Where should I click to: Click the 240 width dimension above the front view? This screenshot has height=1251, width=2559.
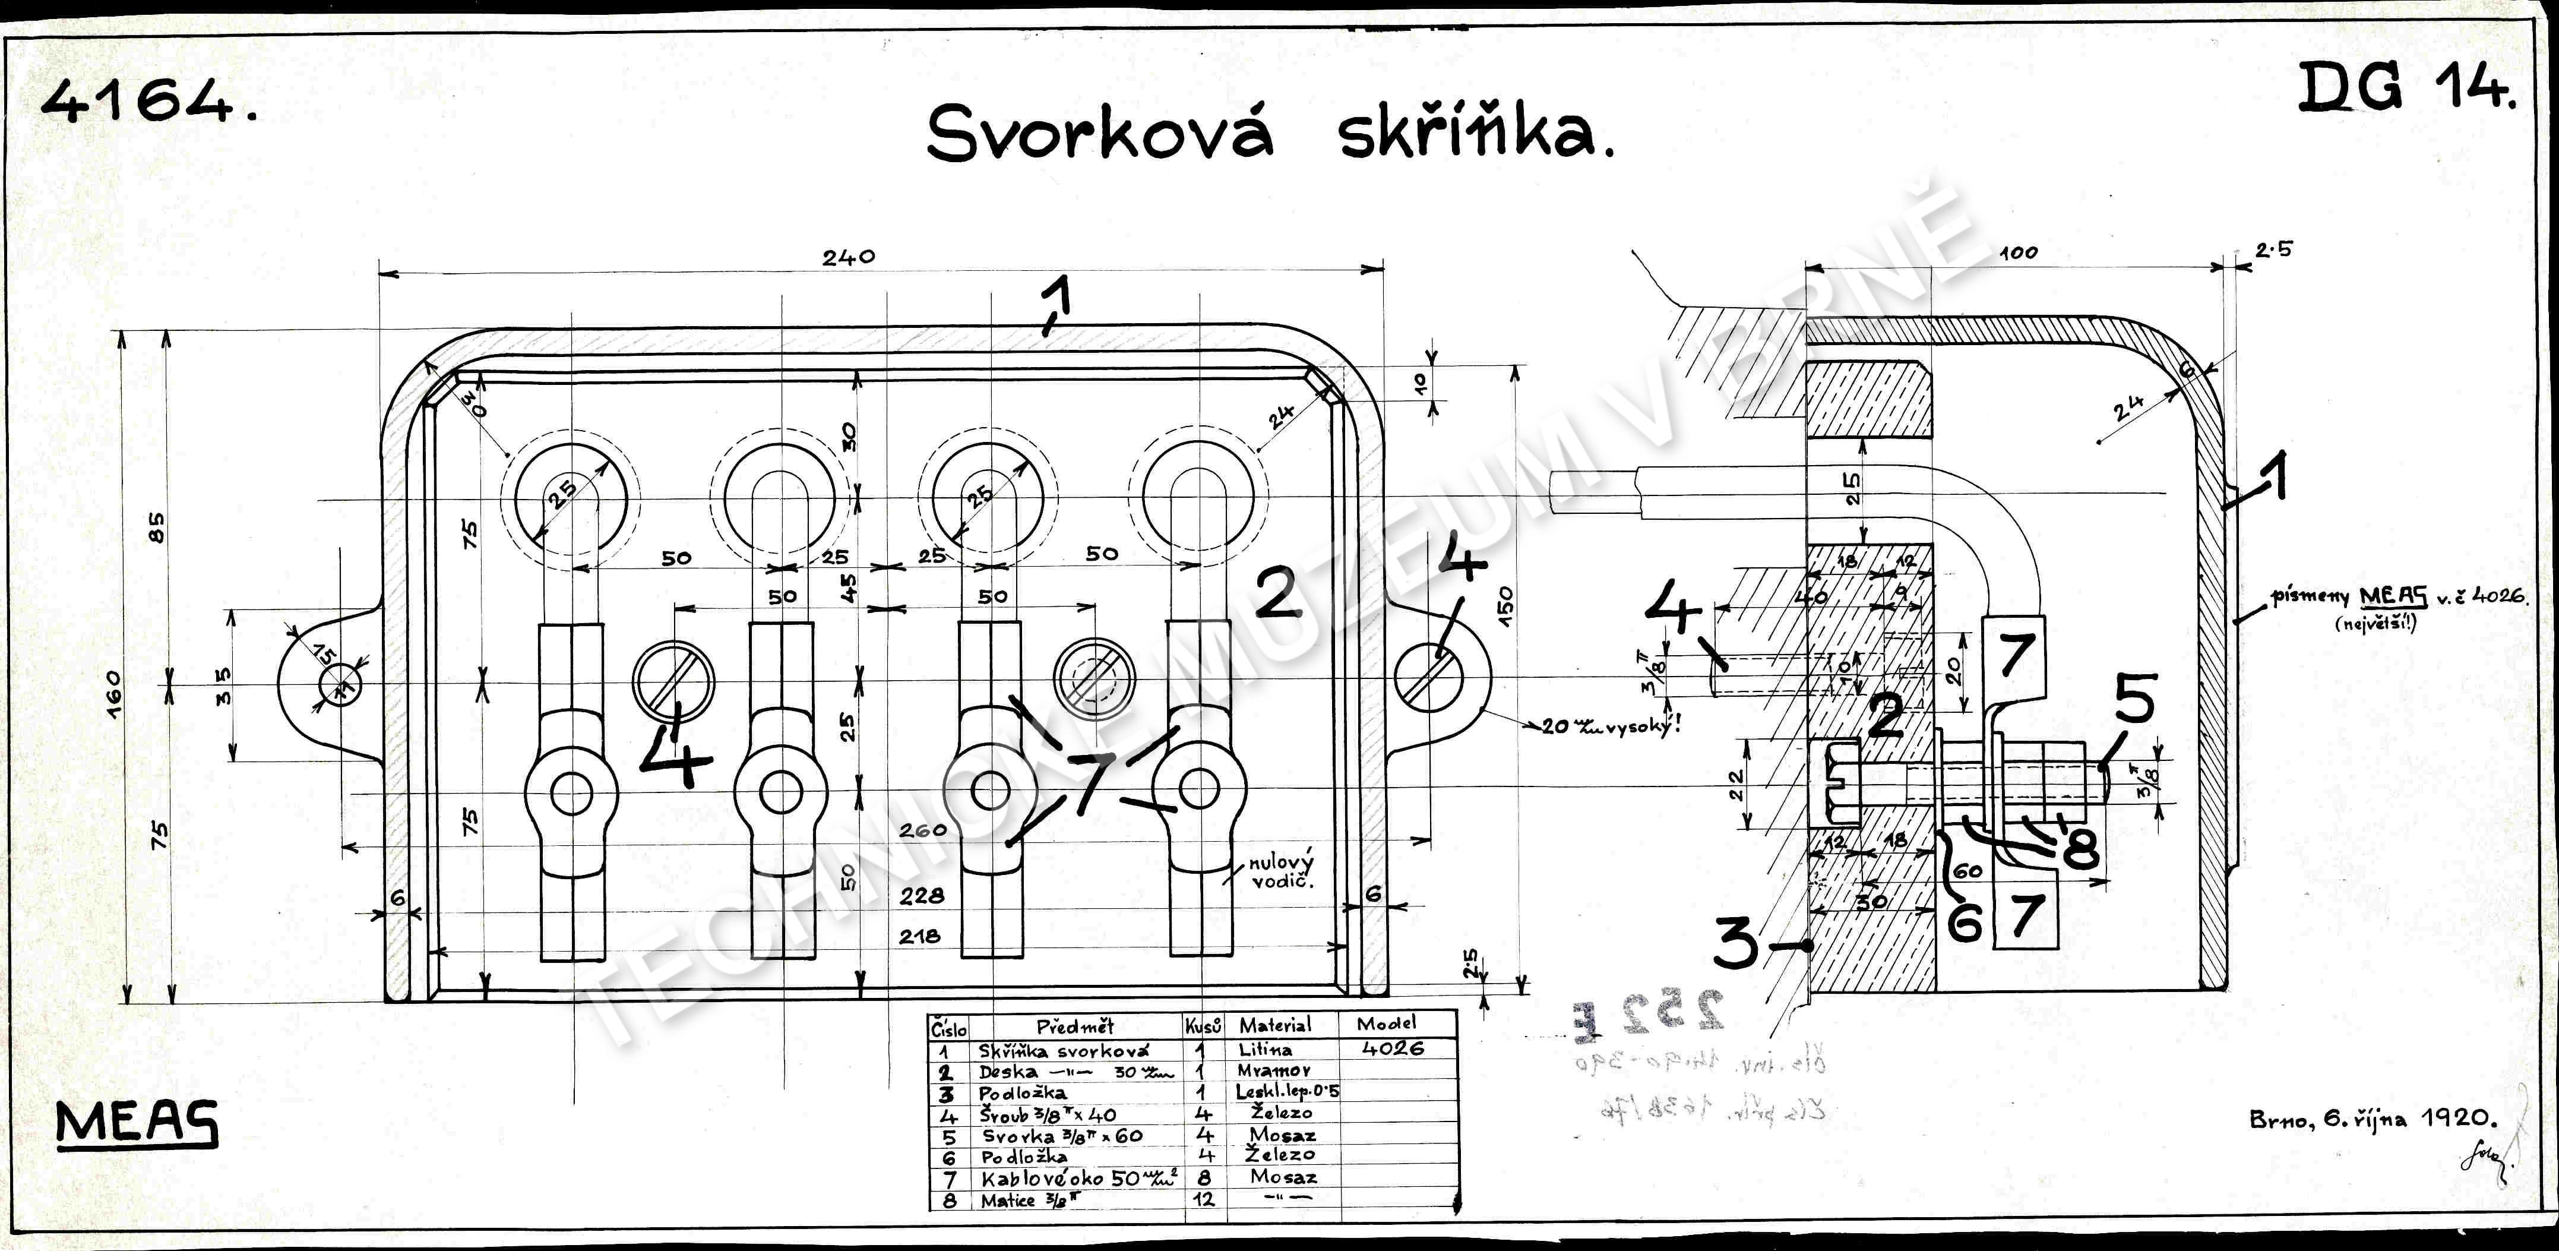tap(849, 257)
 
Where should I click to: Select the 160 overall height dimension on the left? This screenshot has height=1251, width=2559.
tap(113, 685)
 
